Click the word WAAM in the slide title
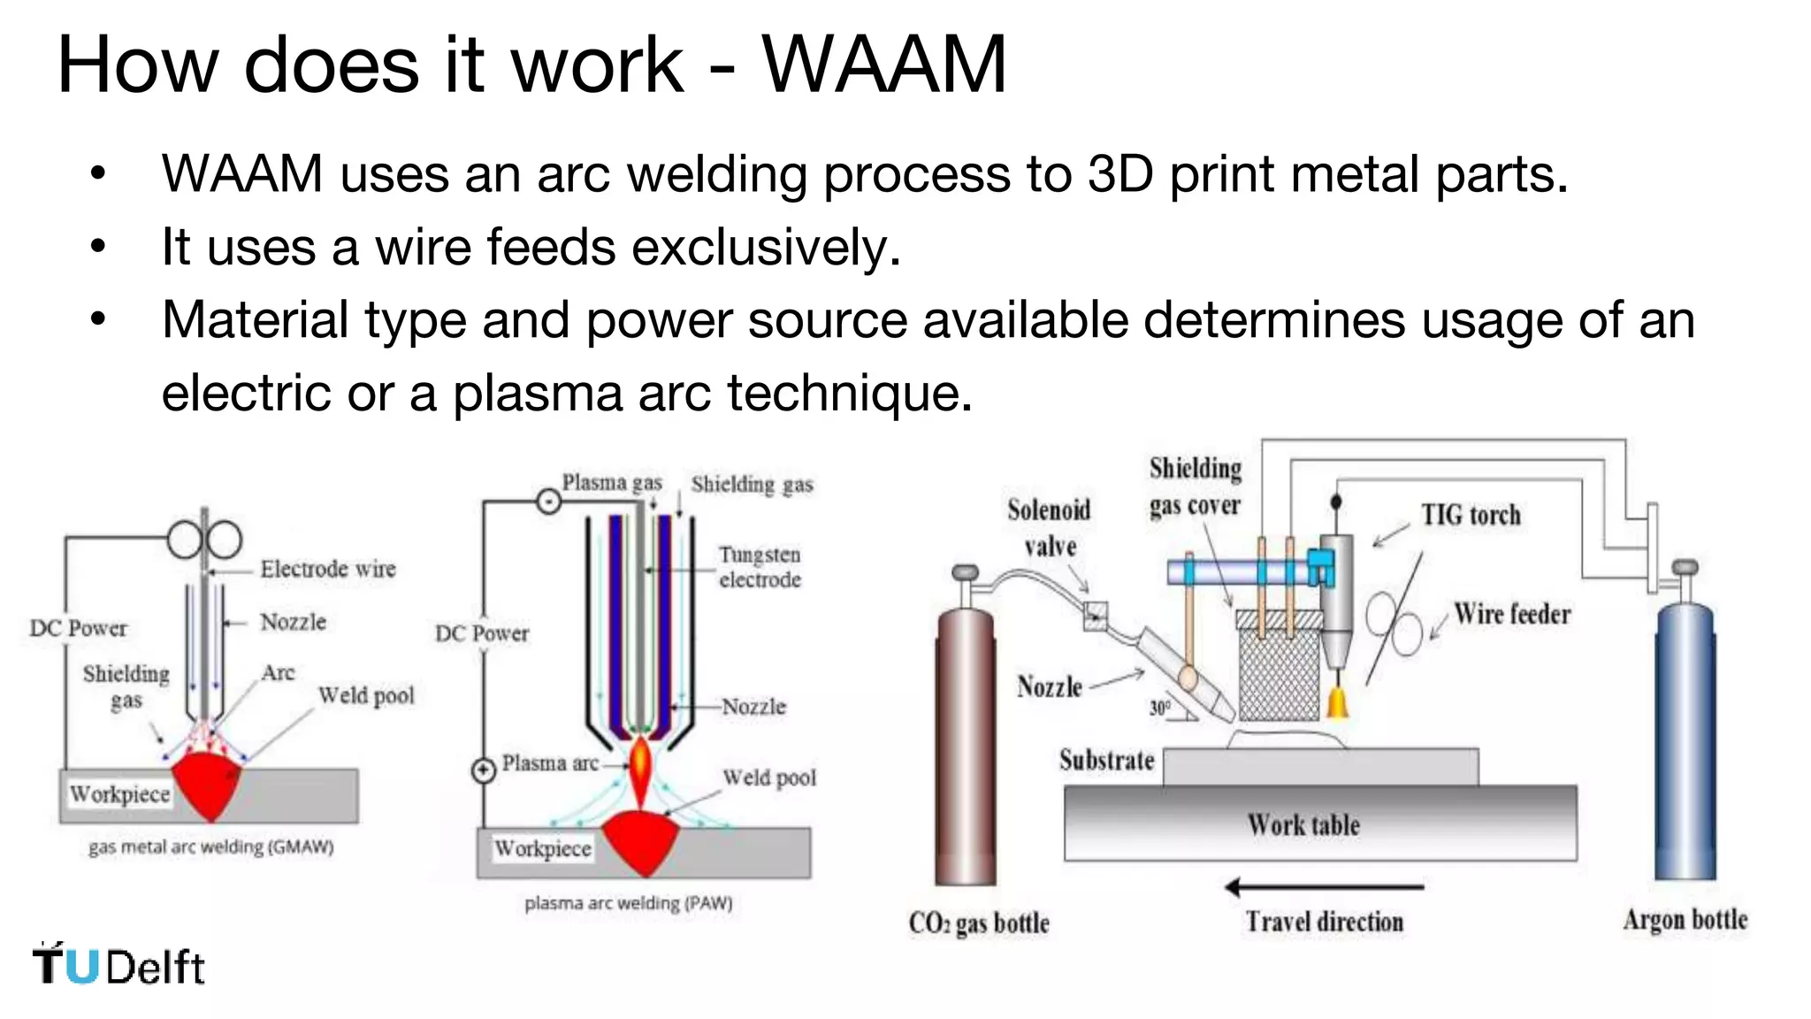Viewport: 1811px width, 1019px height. [884, 64]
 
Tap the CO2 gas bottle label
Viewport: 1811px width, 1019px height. [979, 923]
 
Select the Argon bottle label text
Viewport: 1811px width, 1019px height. [1685, 920]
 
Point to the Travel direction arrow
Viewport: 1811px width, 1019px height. [1324, 886]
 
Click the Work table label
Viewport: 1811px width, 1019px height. [1303, 824]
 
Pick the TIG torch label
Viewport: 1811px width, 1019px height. [1471, 515]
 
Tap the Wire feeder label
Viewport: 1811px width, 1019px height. [1512, 614]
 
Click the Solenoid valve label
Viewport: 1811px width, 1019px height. [1050, 528]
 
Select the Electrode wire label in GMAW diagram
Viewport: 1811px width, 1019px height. [328, 569]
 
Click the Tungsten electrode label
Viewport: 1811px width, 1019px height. [760, 567]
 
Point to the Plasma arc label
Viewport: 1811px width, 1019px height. [549, 762]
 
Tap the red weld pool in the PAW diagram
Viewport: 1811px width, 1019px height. [642, 840]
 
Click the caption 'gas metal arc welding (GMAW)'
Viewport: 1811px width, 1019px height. [210, 847]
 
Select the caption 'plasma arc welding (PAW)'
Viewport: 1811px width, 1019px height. [628, 903]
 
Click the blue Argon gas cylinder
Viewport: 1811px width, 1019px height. [1685, 743]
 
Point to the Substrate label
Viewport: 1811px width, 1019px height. [1106, 760]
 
